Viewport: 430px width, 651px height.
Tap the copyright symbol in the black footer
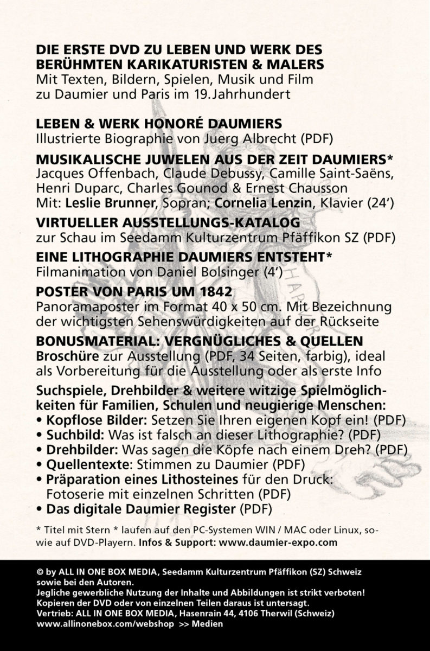[x=40, y=572]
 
